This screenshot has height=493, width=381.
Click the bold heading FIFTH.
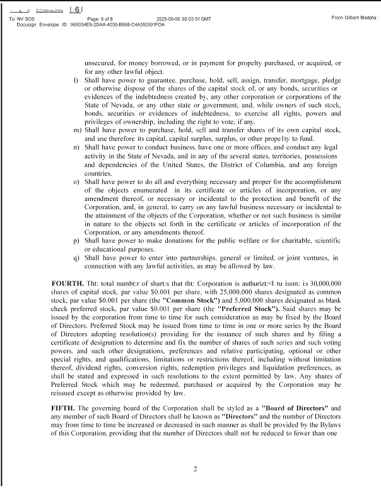click(x=62, y=409)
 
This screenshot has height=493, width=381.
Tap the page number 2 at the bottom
click(x=196, y=468)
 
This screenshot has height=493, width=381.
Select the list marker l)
click(x=76, y=80)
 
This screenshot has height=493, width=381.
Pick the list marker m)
click(x=77, y=130)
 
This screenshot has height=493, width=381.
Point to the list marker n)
click(x=76, y=147)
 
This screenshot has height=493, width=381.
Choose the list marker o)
click(x=76, y=181)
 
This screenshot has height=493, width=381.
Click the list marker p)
click(x=76, y=241)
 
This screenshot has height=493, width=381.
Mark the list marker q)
click(x=76, y=258)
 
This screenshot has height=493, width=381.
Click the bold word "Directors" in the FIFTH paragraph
click(x=242, y=417)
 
